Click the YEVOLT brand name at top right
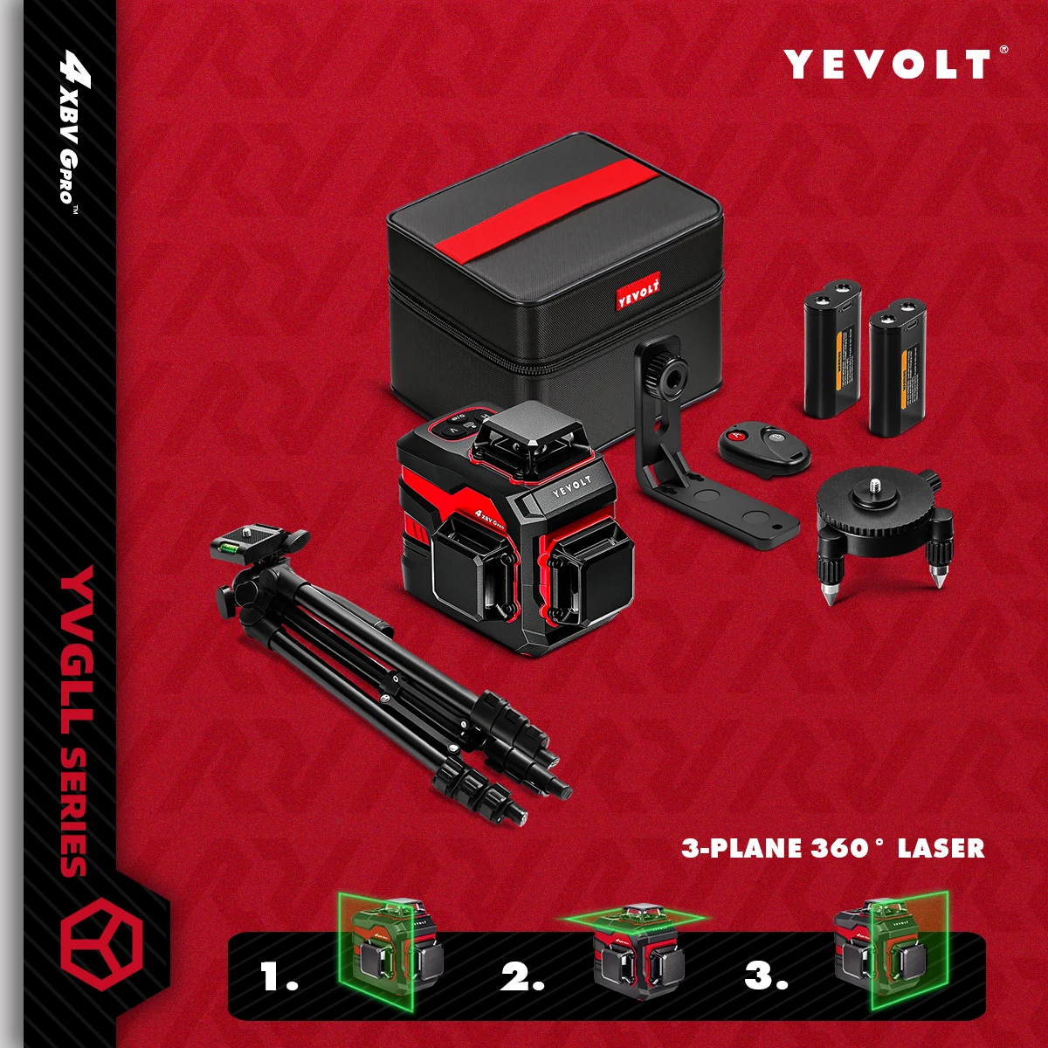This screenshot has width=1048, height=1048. tap(887, 65)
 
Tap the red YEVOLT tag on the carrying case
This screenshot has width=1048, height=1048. tap(638, 292)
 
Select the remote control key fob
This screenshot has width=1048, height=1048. tap(763, 449)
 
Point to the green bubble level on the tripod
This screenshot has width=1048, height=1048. tap(233, 548)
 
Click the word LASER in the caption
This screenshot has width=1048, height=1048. tap(941, 848)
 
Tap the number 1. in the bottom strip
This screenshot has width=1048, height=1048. tap(279, 976)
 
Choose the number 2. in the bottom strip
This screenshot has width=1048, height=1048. tap(521, 976)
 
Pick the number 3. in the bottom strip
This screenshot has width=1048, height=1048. tap(766, 976)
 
